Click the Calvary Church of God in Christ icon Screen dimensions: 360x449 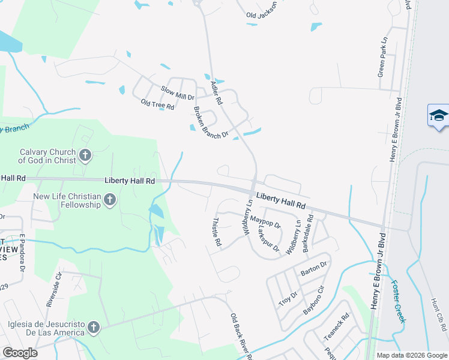pyautogui.click(x=85, y=156)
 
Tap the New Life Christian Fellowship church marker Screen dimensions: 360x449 pyautogui.click(x=109, y=200)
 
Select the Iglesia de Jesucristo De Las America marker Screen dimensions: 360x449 pyautogui.click(x=92, y=328)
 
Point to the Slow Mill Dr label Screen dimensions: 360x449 pyautogui.click(x=178, y=93)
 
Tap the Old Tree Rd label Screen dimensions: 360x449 pyautogui.click(x=157, y=104)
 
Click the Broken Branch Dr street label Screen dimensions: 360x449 pyautogui.click(x=211, y=123)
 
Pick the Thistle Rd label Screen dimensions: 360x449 pyautogui.click(x=217, y=233)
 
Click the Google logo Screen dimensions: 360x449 pyautogui.click(x=20, y=353)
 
